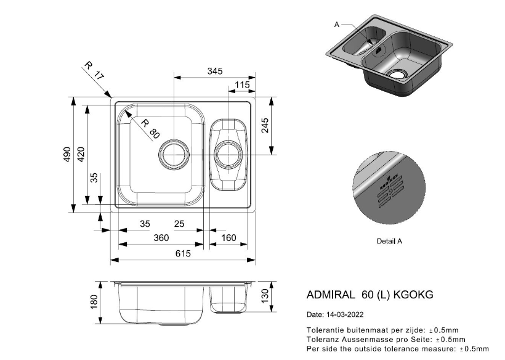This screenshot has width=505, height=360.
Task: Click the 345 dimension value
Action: coord(214,72)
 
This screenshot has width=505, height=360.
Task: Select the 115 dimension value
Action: coord(242,85)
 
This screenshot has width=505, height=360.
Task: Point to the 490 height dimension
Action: coord(67,154)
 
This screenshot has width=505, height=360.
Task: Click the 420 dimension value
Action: coord(80,154)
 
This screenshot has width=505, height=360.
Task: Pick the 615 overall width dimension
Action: coord(182,253)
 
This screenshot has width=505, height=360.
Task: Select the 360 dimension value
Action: coord(161,238)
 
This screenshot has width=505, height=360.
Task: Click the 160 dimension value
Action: coord(228,238)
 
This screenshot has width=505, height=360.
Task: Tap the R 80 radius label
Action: coord(150,128)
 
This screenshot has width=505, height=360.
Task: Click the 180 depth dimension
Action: coord(94,303)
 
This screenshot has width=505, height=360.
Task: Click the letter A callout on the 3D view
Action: coord(337,25)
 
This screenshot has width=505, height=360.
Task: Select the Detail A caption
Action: coord(389,242)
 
